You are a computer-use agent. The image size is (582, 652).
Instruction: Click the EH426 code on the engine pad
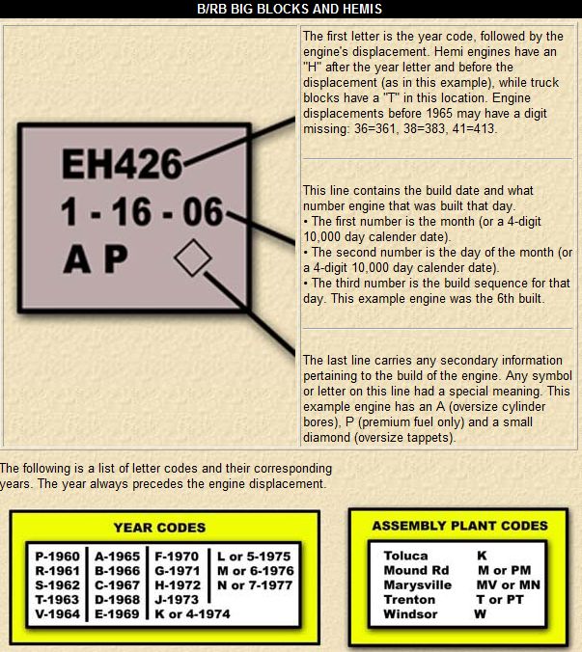[x=121, y=165]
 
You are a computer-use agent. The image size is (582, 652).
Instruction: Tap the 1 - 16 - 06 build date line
[x=141, y=212]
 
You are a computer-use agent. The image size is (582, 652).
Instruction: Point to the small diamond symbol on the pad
[x=193, y=258]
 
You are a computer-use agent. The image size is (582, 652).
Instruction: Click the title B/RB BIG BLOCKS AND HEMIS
[x=291, y=9]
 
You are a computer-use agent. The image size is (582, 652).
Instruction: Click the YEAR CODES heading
[x=159, y=528]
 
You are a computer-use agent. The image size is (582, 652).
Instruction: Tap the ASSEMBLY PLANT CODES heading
[x=460, y=526]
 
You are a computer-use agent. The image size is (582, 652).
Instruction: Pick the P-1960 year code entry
[x=57, y=557]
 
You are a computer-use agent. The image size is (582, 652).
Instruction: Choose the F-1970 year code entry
[x=178, y=557]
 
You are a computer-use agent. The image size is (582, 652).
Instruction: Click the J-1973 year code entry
[x=178, y=599]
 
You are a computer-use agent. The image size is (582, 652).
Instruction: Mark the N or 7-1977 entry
[x=254, y=584]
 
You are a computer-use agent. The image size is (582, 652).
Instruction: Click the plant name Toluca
[x=405, y=556]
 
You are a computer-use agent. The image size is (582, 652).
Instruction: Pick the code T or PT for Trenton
[x=499, y=599]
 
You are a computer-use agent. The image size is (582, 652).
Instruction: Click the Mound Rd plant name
[x=416, y=570]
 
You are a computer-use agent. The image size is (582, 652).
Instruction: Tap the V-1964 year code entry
[x=57, y=613]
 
